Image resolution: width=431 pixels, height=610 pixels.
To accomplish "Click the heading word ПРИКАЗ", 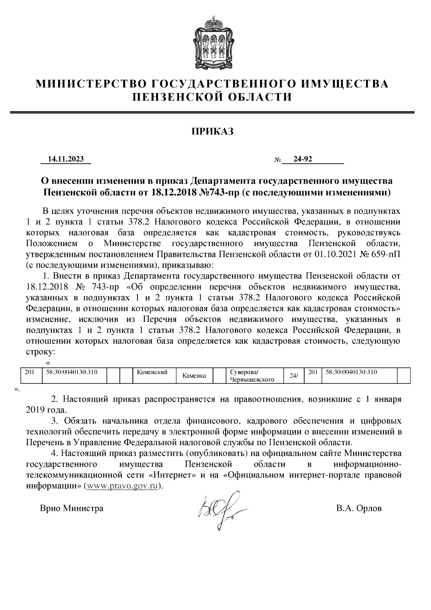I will pos(212,132).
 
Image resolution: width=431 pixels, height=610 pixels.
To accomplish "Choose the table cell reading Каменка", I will pos(194,376).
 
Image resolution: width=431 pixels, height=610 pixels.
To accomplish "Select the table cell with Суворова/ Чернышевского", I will pos(252,376).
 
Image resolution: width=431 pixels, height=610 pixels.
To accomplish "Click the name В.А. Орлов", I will pos(359,508).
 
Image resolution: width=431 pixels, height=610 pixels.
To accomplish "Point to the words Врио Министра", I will pos(71,508).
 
